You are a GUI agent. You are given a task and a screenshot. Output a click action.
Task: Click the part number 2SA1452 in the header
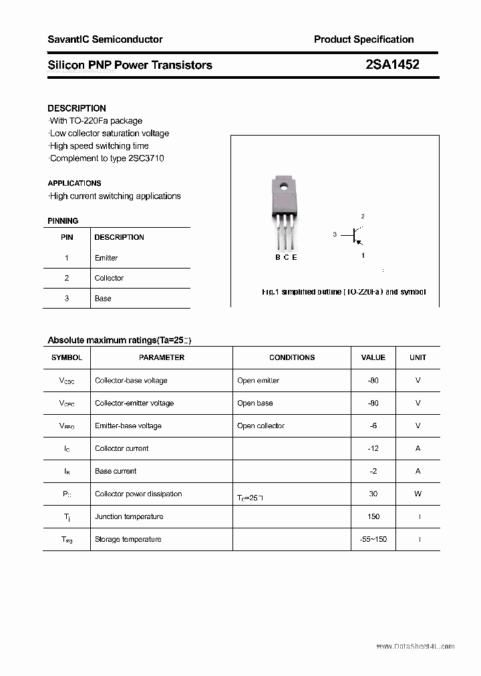[392, 65]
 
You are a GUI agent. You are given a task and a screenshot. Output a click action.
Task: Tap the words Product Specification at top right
[363, 39]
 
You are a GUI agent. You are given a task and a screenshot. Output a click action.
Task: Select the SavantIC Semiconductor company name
[105, 39]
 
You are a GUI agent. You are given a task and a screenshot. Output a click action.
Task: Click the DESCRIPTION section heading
[77, 108]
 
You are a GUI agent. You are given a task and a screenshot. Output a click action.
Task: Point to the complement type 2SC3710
[144, 158]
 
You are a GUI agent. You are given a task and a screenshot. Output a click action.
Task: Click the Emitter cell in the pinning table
[106, 258]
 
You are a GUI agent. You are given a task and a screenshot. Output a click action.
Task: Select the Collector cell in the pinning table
[109, 278]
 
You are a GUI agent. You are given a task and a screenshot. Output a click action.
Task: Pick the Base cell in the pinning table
[103, 299]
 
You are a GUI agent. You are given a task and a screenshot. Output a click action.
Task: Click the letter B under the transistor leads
[277, 257]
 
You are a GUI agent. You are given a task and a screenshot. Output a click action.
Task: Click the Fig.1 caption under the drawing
[343, 292]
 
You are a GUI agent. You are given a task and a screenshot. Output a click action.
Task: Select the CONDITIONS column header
[292, 357]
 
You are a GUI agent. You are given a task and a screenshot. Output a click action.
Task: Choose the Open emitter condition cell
[258, 381]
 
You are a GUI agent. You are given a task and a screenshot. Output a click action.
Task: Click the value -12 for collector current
[373, 449]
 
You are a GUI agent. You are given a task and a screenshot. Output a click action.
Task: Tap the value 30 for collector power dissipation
[373, 494]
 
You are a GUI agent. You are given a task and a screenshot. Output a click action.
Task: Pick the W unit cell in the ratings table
[418, 494]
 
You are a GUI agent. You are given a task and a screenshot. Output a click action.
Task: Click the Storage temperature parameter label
[128, 540]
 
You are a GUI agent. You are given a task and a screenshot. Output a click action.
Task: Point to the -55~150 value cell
[373, 540]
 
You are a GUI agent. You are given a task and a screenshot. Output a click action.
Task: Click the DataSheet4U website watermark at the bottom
[415, 647]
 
